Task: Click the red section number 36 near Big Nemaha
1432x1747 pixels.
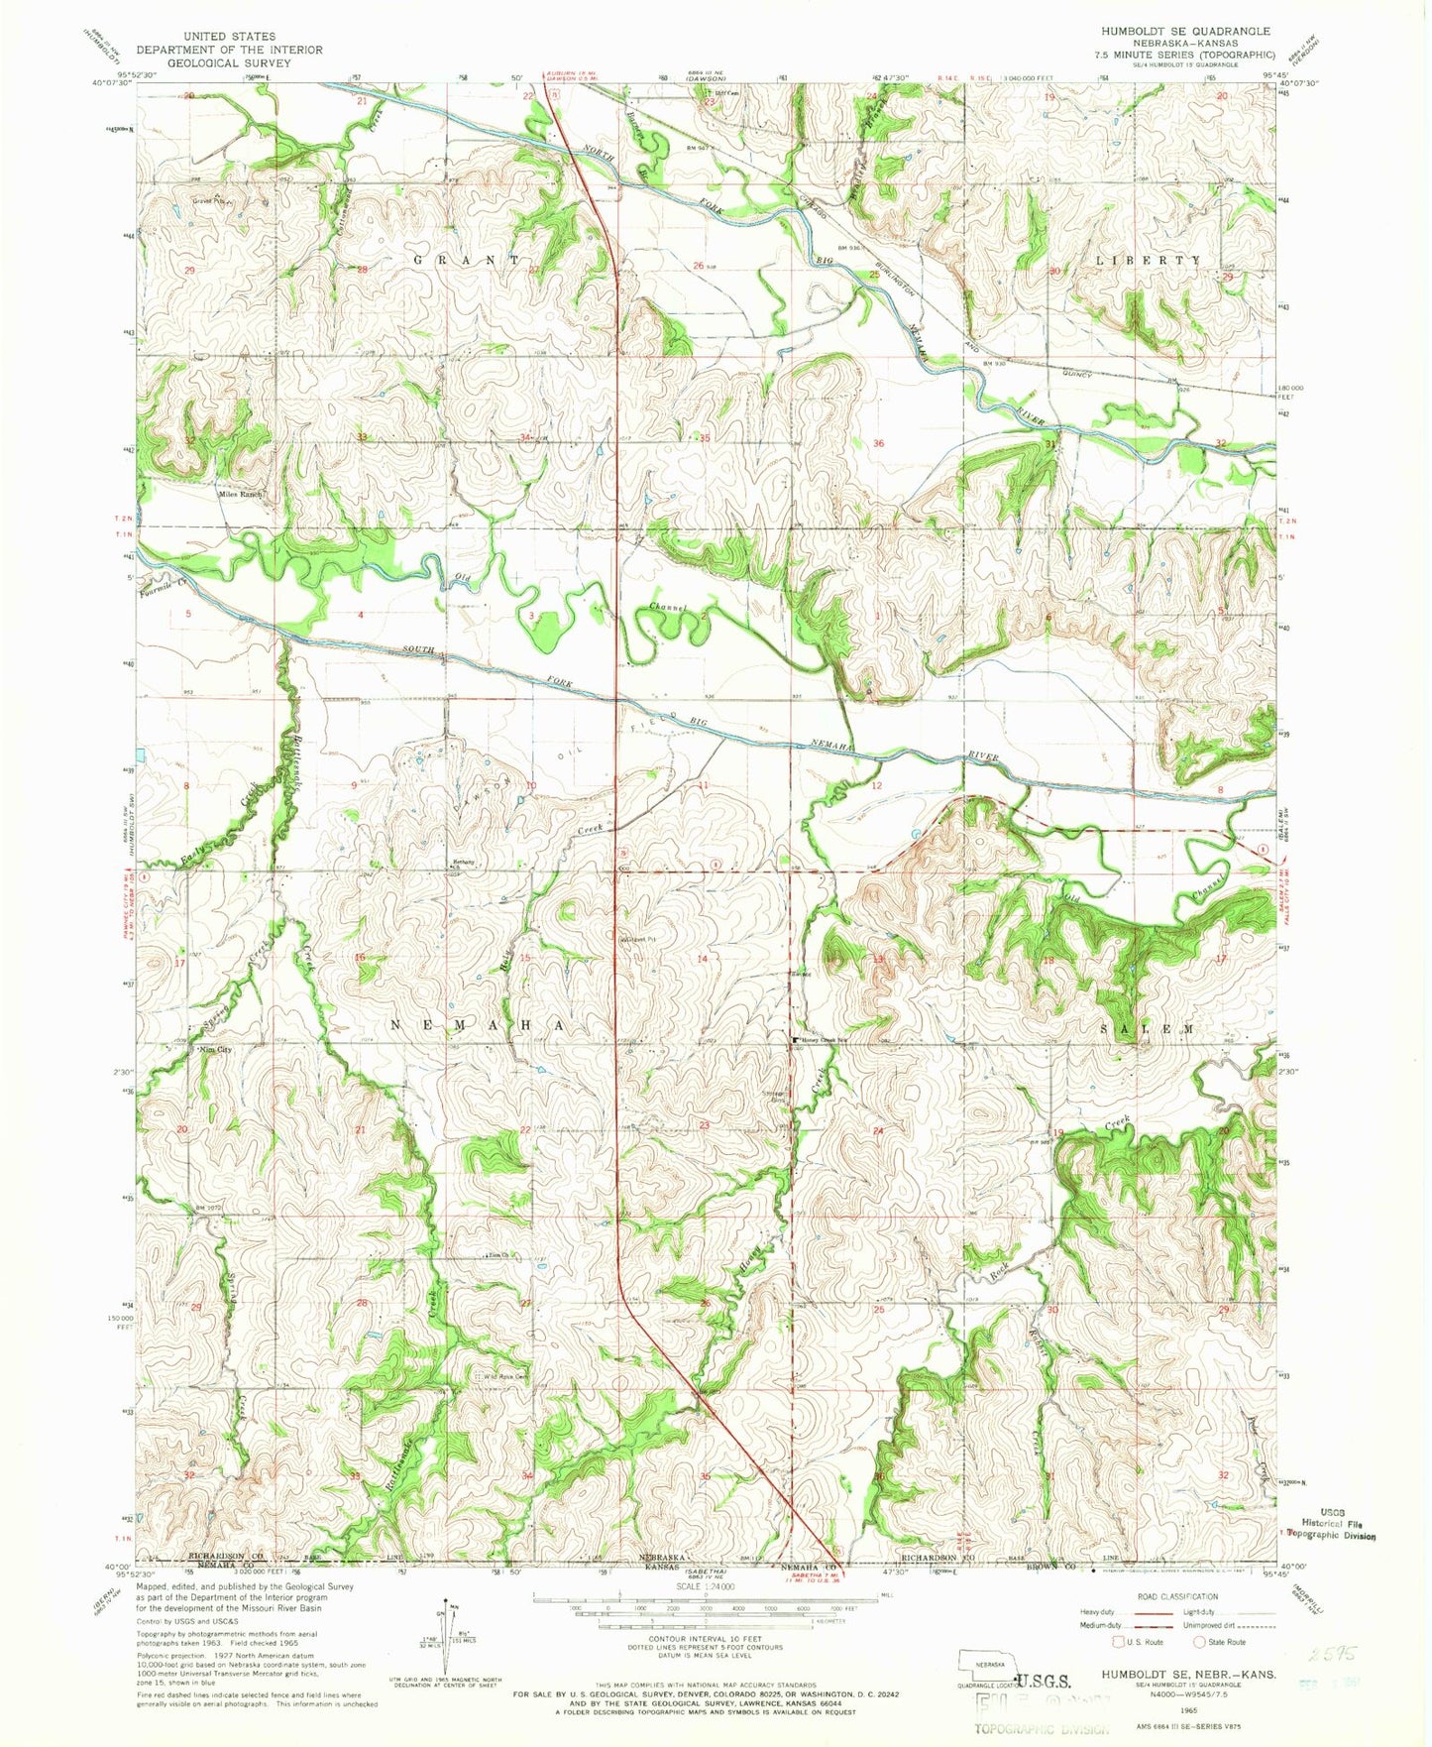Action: tap(878, 443)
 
